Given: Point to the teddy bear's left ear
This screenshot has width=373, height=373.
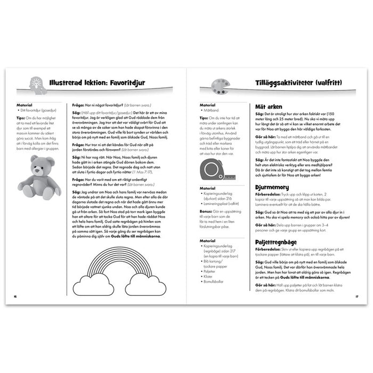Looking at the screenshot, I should [x=33, y=160].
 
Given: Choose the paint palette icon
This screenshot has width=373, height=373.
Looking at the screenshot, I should [x=219, y=85].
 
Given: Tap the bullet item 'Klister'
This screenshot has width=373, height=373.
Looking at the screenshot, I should [x=209, y=276].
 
